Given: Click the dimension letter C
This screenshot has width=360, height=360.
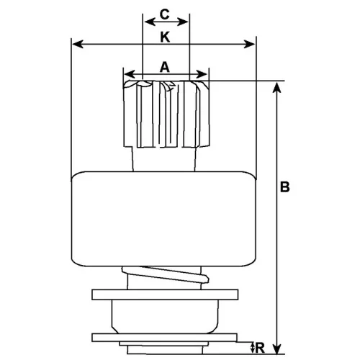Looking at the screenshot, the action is click(x=165, y=14).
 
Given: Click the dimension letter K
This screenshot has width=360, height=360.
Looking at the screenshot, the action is click(x=165, y=37).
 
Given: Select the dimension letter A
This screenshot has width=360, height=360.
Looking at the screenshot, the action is click(x=165, y=67).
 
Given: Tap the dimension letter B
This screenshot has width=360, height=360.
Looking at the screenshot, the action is click(x=285, y=186).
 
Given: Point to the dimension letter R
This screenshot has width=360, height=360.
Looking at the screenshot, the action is click(x=260, y=348).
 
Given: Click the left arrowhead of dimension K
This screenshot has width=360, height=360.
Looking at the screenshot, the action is click(x=78, y=44).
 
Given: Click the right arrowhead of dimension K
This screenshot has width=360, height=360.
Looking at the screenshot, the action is click(x=249, y=44).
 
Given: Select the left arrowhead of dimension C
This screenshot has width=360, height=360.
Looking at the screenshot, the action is click(x=150, y=22).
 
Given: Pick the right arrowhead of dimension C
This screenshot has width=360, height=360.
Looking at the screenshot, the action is click(x=182, y=22).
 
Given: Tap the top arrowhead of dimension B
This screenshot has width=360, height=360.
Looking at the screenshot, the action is click(x=277, y=87).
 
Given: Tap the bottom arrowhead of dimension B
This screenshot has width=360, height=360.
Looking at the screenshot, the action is click(x=277, y=348).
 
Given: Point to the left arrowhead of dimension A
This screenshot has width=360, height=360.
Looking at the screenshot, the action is click(x=130, y=74).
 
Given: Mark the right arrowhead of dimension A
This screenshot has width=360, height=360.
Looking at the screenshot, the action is click(x=202, y=74).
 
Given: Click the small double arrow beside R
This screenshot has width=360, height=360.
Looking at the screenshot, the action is click(x=252, y=348).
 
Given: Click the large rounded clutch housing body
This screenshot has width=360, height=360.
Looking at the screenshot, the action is click(x=163, y=219).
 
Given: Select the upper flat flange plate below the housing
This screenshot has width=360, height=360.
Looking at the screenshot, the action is click(x=165, y=294).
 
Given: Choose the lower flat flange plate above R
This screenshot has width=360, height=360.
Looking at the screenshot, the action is click(x=165, y=338).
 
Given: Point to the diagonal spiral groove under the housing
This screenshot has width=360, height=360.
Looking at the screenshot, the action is click(x=166, y=274).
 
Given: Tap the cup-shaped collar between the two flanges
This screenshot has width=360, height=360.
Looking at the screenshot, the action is click(x=166, y=317).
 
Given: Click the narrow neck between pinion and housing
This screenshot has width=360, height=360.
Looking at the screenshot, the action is click(x=164, y=159).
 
